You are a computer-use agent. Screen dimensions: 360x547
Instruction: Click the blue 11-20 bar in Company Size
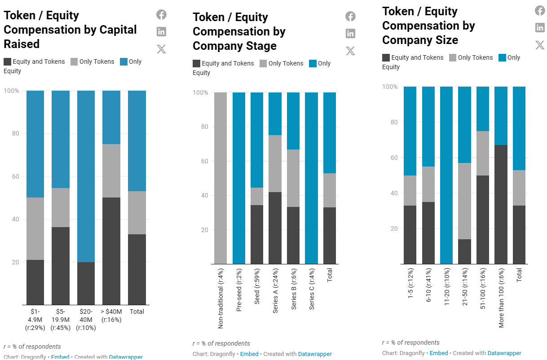coord(446,175)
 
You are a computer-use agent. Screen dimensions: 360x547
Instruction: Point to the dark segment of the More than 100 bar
coord(501,204)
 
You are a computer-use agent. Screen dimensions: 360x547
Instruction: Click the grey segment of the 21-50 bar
coord(464,201)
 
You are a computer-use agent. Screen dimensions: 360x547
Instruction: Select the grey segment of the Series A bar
coord(275,163)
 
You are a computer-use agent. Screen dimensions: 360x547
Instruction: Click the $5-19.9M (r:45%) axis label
coord(61,319)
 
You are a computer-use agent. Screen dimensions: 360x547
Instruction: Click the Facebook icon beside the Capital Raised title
coord(161,15)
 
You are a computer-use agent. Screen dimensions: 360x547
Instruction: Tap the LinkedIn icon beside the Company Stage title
coord(350,33)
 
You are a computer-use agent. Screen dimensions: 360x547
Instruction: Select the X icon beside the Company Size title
coord(540,45)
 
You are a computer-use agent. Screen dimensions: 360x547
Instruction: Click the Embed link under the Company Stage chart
coord(249,354)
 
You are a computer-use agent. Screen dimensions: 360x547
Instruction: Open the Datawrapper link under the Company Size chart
coord(504,353)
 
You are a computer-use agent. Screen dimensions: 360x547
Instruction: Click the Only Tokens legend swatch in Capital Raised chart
coord(74,61)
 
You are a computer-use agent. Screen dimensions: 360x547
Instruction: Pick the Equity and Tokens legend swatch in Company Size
coord(386,57)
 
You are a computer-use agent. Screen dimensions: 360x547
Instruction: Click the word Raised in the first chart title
coord(22,44)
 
